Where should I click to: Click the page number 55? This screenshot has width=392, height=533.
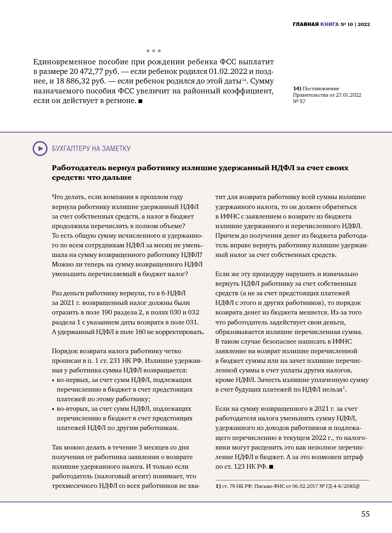pos(365,514)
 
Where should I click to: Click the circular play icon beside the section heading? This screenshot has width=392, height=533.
pos(40,149)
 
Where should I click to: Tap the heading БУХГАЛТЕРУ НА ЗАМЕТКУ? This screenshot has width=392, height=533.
pos(91,149)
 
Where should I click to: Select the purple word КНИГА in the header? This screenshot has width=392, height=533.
pos(330,25)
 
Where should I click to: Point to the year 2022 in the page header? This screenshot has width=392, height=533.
pos(364,25)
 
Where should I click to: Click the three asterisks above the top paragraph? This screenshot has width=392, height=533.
pos(153,51)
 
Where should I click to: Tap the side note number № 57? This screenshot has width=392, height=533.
pos(299,101)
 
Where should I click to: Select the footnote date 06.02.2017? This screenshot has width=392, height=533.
pos(305,486)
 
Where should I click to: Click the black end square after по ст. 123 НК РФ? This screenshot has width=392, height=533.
pos(271,467)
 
